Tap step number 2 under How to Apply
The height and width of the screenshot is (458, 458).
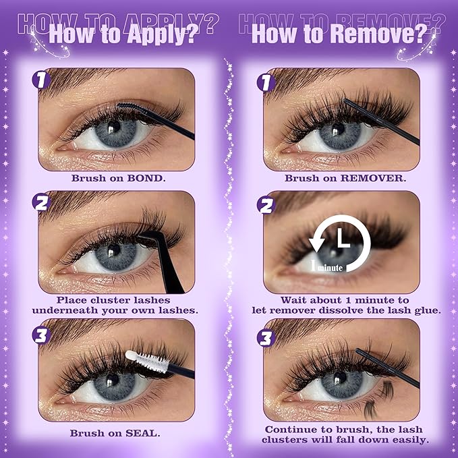tap(42, 202)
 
